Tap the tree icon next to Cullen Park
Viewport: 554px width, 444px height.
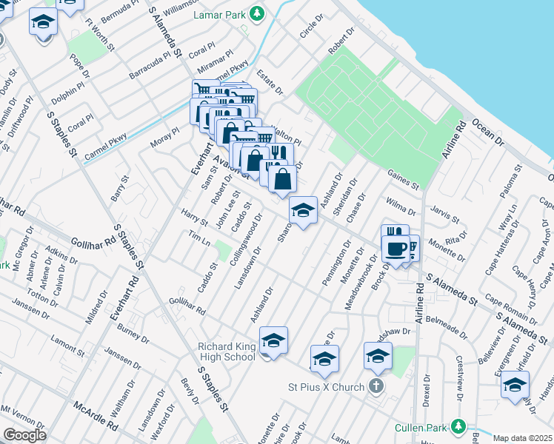coord(459,426)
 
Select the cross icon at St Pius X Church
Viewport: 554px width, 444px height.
coord(376,386)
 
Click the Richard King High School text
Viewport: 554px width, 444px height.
coord(226,351)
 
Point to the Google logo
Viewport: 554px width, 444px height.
coord(24,435)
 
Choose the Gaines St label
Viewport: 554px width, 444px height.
coord(404,178)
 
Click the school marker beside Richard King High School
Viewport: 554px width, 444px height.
coord(273,340)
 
